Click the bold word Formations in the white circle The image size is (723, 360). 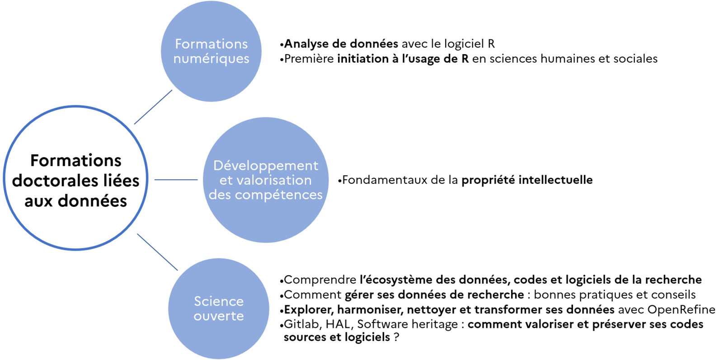click(76, 161)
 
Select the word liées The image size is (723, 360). click(123, 181)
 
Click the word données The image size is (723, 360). click(93, 201)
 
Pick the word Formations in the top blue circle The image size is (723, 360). click(211, 44)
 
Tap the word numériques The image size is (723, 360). click(211, 59)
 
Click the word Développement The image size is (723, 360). click(266, 166)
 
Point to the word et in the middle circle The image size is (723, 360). click(226, 180)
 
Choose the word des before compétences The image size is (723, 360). click(220, 195)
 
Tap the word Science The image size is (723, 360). click(219, 301)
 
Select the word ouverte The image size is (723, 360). click(219, 316)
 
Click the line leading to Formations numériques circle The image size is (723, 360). click(153, 107)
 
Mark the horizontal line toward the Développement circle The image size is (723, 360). click(176, 180)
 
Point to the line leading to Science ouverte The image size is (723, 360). click(157, 252)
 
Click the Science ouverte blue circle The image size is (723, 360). click(219, 334)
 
